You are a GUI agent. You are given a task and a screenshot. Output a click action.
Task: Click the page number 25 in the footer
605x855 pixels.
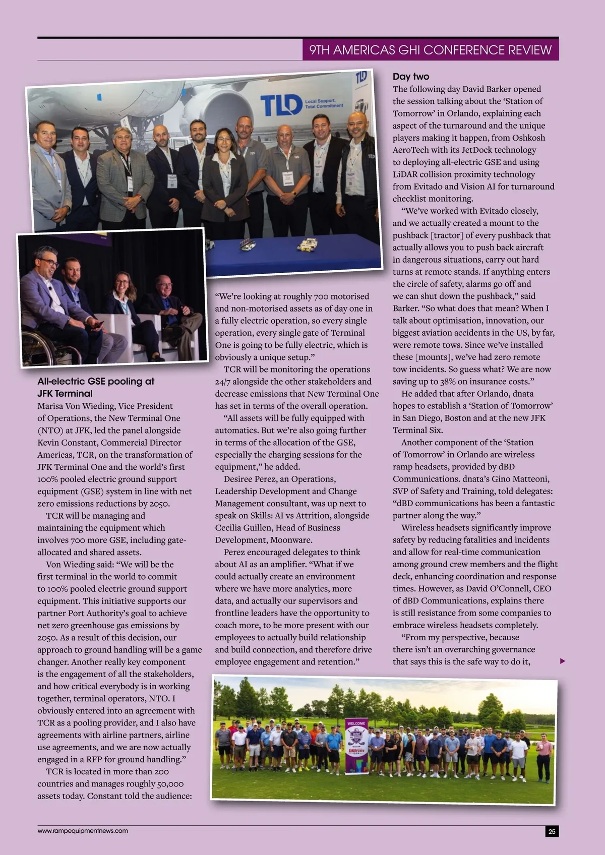[552, 831]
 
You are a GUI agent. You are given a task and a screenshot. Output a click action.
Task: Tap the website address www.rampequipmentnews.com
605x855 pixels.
[83, 830]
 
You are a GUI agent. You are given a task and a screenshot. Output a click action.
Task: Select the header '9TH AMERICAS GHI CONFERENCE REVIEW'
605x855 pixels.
[430, 50]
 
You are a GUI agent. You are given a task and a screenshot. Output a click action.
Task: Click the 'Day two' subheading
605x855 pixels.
[411, 77]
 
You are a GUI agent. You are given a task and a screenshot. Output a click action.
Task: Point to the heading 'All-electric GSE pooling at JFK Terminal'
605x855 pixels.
[96, 387]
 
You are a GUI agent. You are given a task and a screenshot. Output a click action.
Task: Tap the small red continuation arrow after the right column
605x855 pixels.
[563, 661]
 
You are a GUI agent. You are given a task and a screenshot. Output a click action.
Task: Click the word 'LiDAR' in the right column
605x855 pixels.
[405, 174]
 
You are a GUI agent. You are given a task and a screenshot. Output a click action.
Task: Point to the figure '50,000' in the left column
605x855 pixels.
[165, 784]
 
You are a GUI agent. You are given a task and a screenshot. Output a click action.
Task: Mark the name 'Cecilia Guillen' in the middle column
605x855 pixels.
[244, 528]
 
